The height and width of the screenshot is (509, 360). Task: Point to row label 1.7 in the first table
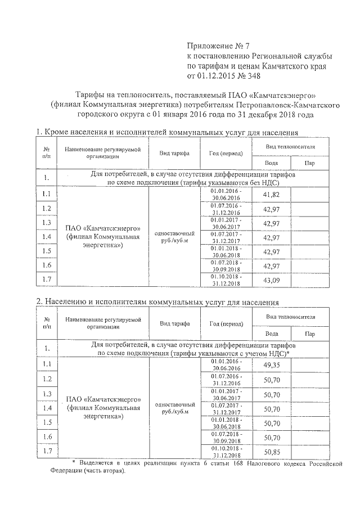(46, 280)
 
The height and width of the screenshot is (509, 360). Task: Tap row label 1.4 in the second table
(46, 408)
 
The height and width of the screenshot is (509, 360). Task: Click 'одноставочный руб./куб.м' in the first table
(174, 236)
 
